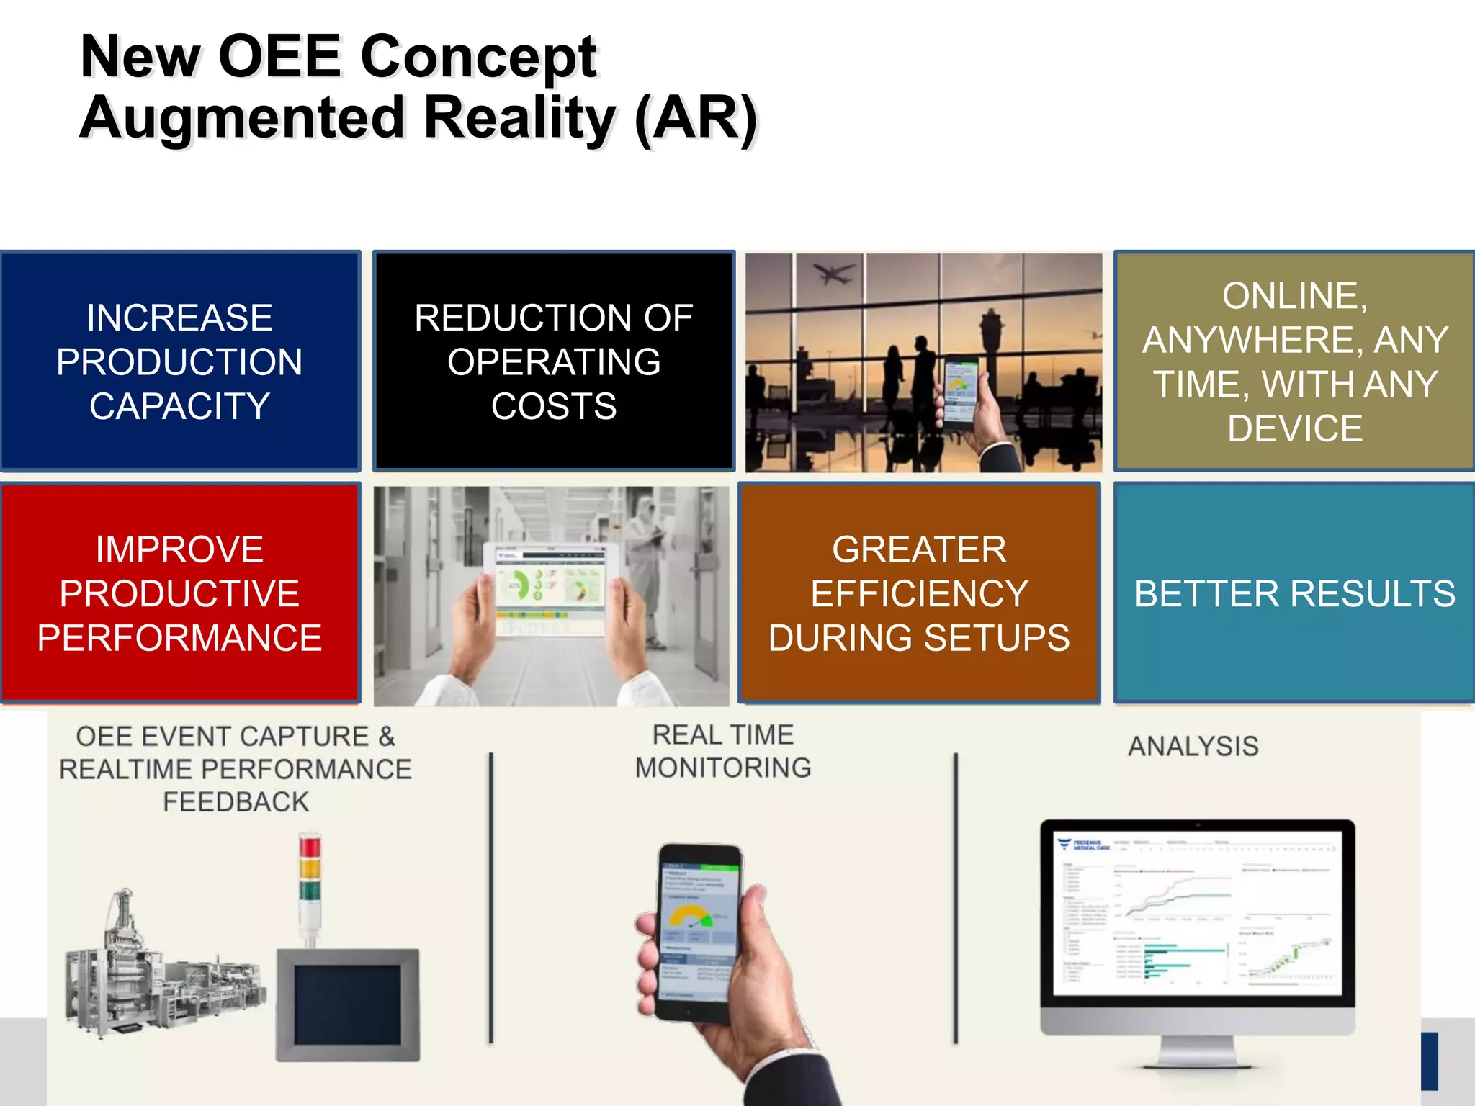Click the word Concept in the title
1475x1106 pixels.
click(x=478, y=58)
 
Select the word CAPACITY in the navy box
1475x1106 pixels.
click(x=179, y=406)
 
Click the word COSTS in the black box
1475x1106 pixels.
click(x=553, y=406)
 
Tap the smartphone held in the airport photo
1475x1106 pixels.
click(x=961, y=392)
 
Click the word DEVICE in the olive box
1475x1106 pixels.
click(x=1294, y=428)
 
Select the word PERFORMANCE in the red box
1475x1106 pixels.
click(x=179, y=638)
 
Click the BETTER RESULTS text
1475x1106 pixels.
click(x=1294, y=594)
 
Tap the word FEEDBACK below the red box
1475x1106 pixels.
click(x=236, y=802)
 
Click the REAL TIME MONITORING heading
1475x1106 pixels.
click(x=722, y=751)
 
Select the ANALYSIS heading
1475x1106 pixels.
click(x=1193, y=746)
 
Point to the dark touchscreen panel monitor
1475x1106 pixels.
click(x=347, y=1004)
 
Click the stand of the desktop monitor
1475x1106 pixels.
click(x=1198, y=1051)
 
